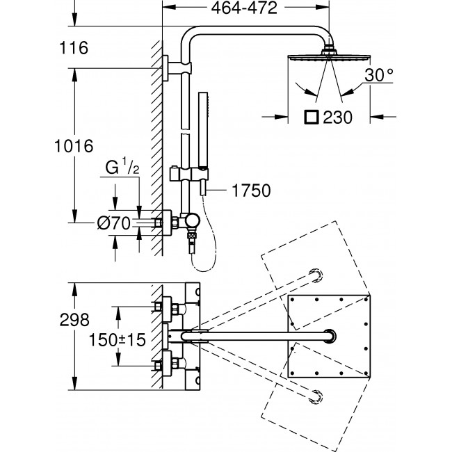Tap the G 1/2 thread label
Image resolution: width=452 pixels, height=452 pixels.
(x=124, y=168)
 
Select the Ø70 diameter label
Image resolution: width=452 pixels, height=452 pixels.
(x=115, y=223)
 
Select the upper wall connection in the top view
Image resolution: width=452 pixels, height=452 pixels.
(x=167, y=305)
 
